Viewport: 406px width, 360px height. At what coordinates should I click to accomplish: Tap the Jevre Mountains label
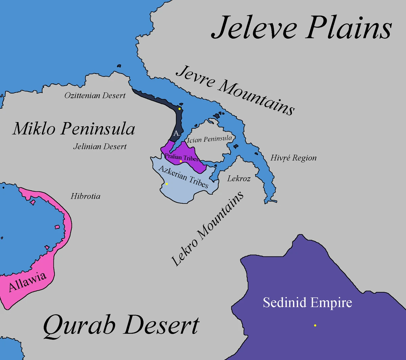coord(235,90)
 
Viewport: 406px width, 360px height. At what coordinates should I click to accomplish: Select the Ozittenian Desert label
coord(95,96)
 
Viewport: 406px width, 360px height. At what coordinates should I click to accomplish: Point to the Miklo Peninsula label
coord(74,129)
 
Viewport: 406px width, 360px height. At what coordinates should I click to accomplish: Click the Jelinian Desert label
coord(100,147)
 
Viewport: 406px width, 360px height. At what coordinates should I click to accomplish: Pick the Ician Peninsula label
coord(209,139)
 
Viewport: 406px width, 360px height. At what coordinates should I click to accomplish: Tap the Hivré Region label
coord(293,158)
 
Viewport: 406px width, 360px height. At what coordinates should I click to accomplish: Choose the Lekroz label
coord(239,178)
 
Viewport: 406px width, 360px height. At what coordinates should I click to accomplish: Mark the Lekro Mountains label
coord(207,229)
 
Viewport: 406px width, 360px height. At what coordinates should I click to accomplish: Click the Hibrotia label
coord(85,196)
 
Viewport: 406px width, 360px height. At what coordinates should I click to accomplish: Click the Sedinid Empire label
coord(307,302)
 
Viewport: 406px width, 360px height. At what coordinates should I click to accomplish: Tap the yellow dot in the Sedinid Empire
coord(315,325)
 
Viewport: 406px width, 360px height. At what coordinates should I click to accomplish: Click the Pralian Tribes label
coord(181,157)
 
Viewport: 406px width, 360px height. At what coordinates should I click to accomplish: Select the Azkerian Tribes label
coord(183,176)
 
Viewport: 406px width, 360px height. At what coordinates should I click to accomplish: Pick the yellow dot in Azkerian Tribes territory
coord(167,184)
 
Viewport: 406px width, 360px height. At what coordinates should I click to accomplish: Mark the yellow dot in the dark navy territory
coord(180,109)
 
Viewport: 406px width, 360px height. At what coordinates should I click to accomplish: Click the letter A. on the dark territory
coord(176,133)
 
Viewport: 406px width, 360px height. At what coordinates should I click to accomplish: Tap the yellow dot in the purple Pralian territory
coord(181,162)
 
